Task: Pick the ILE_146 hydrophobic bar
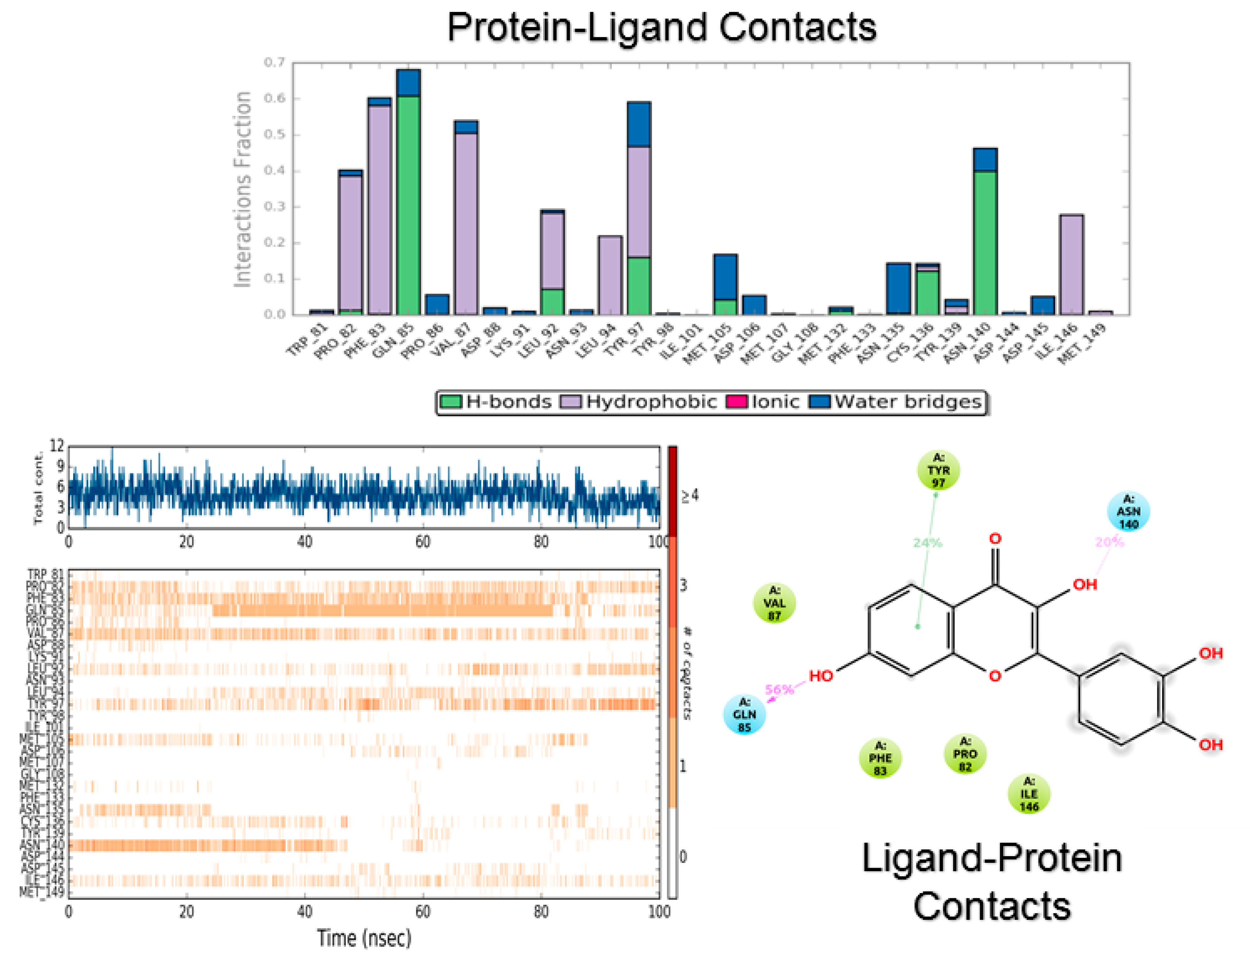[1071, 265]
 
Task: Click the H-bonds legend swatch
[450, 402]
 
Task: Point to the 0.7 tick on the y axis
[274, 62]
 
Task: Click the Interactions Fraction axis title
[243, 189]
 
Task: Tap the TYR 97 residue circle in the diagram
[938, 470]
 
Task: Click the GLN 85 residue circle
[744, 714]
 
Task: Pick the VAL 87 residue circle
[774, 603]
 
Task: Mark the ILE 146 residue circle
[1028, 794]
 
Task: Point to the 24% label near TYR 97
[927, 542]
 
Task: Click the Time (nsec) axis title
[364, 938]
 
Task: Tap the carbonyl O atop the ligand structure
[995, 539]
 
